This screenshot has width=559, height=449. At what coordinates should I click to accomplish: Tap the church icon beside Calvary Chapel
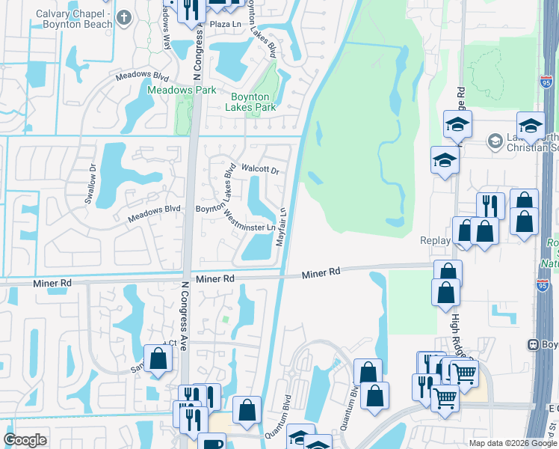pyautogui.click(x=124, y=15)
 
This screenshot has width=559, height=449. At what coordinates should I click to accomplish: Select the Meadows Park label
pyautogui.click(x=182, y=91)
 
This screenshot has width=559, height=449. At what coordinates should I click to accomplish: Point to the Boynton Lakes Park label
pyautogui.click(x=251, y=102)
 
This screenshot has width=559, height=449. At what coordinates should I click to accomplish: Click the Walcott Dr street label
pyautogui.click(x=259, y=169)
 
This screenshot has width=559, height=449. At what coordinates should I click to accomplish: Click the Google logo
pyautogui.click(x=25, y=440)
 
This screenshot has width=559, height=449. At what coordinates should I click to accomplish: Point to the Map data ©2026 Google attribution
pyautogui.click(x=513, y=443)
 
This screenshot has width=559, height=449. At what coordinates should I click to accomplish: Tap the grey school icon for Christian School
pyautogui.click(x=495, y=140)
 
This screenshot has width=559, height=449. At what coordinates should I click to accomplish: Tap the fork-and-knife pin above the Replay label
pyautogui.click(x=490, y=204)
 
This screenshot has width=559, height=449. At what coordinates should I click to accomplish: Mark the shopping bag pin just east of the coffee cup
pyautogui.click(x=247, y=409)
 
